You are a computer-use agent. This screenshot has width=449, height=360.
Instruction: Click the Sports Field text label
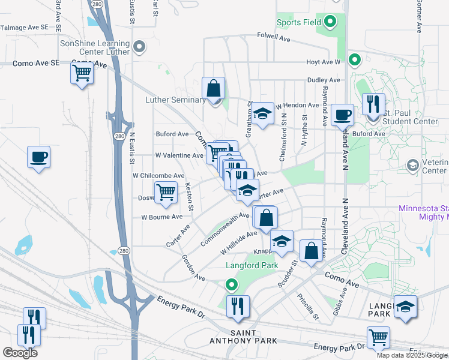click(298, 23)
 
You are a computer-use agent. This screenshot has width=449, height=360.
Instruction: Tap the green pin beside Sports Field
click(330, 23)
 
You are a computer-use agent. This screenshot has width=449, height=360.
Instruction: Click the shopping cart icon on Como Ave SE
click(82, 74)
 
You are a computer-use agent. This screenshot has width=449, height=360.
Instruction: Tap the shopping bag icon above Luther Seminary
click(213, 88)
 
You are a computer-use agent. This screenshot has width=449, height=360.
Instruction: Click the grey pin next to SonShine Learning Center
click(139, 46)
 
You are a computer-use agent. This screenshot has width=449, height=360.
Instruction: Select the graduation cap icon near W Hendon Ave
click(262, 114)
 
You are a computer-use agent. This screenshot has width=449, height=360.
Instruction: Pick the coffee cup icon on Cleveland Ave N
click(343, 115)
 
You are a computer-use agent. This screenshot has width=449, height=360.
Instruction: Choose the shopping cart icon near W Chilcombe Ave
click(166, 193)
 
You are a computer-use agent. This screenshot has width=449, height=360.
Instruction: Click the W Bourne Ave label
click(161, 217)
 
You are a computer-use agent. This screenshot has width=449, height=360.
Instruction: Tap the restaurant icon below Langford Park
click(238, 306)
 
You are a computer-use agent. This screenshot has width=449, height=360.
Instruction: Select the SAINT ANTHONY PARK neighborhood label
click(252, 337)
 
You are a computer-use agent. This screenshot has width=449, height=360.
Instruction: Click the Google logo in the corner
click(20, 352)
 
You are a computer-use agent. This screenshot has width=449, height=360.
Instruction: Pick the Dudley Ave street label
click(324, 80)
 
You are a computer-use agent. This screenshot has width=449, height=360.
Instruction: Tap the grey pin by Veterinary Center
click(412, 164)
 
